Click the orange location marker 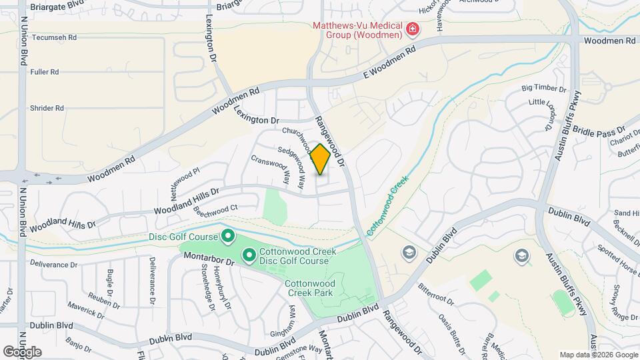point(321,159)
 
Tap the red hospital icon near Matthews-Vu point(413,29)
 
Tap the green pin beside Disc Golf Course point(227,236)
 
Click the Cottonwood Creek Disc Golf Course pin point(249,255)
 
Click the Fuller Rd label point(45,71)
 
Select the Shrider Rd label point(47,107)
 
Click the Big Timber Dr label point(543,88)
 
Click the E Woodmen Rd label point(389,60)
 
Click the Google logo point(22,352)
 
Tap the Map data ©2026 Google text point(598,355)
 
